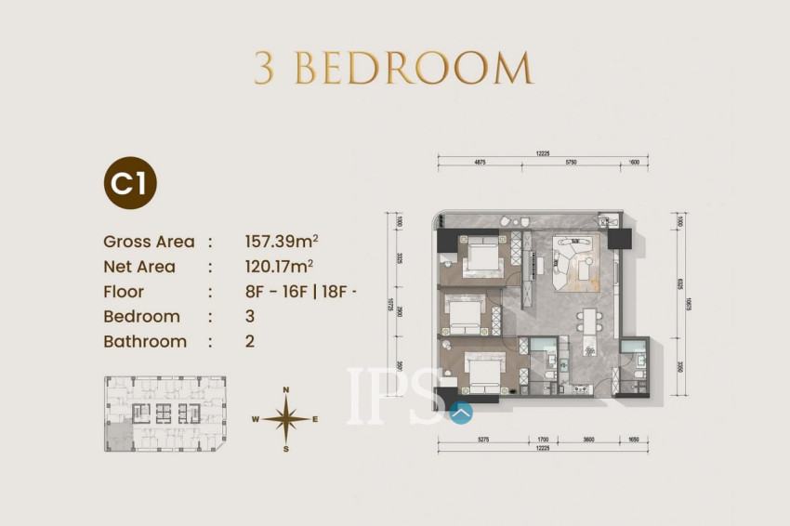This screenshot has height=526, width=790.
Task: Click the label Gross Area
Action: (x=150, y=242)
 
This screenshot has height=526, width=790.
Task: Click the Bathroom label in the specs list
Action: (x=145, y=341)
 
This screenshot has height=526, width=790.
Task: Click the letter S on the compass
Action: (x=287, y=450)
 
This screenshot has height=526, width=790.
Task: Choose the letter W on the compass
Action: (x=255, y=420)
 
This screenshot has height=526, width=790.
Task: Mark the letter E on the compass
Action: (x=315, y=420)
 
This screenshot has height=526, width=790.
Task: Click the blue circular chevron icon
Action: (x=461, y=409)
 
